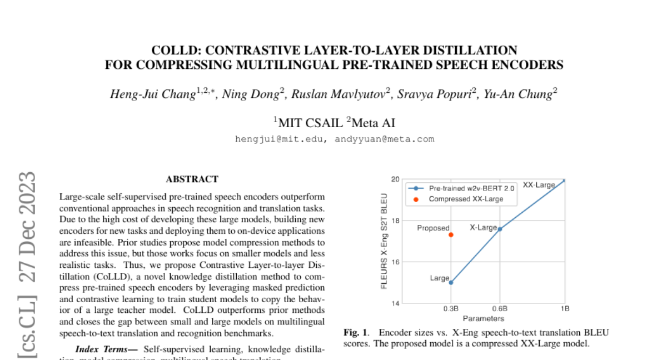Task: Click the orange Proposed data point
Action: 451,234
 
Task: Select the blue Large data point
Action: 451,282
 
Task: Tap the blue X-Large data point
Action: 500,229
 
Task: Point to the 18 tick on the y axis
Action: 395,221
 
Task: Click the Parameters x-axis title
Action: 483,318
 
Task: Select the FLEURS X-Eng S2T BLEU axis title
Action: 384,241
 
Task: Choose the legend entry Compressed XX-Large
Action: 466,199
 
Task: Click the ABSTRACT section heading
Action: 192,179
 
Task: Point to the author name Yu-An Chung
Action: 518,94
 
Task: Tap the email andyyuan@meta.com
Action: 384,139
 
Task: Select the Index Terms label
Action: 106,349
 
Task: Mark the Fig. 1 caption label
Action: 356,333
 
